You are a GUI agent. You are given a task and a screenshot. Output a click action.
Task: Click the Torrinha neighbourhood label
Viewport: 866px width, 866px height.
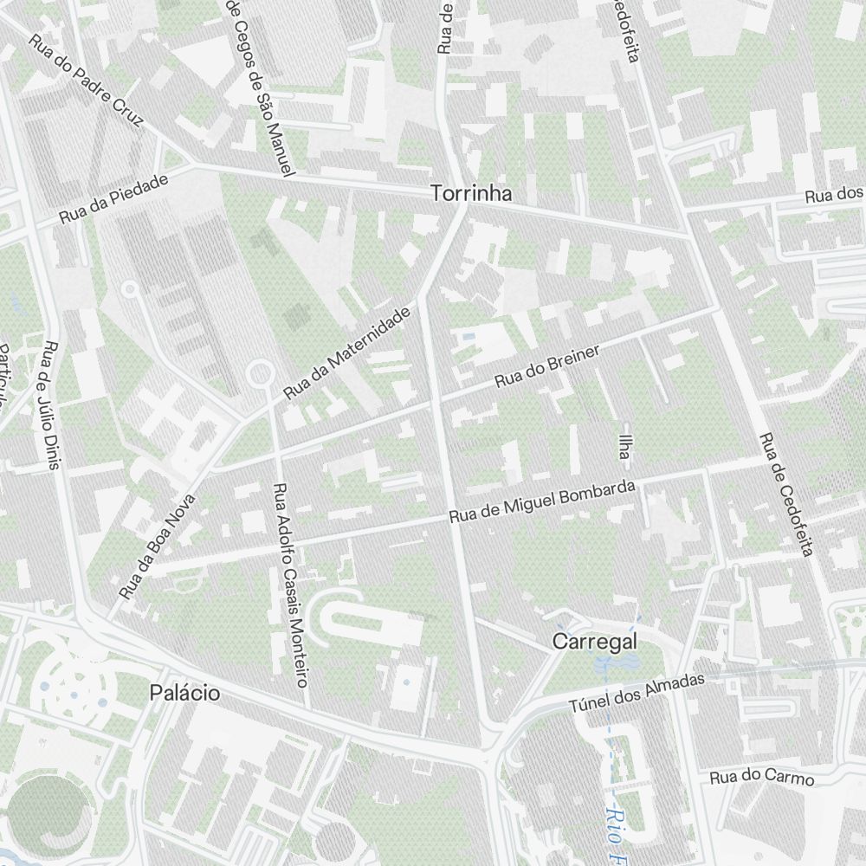pyautogui.click(x=471, y=195)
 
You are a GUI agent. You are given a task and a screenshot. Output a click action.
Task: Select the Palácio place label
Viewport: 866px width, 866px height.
pyautogui.click(x=184, y=693)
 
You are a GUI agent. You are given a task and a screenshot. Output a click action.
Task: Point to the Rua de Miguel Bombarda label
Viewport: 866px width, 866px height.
pyautogui.click(x=543, y=501)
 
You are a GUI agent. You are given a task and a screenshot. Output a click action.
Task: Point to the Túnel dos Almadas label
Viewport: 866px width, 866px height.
pyautogui.click(x=637, y=693)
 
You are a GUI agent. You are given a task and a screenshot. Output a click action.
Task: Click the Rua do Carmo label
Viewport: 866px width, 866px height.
pyautogui.click(x=762, y=778)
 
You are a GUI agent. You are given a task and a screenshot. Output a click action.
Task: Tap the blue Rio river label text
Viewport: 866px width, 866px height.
pyautogui.click(x=616, y=827)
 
